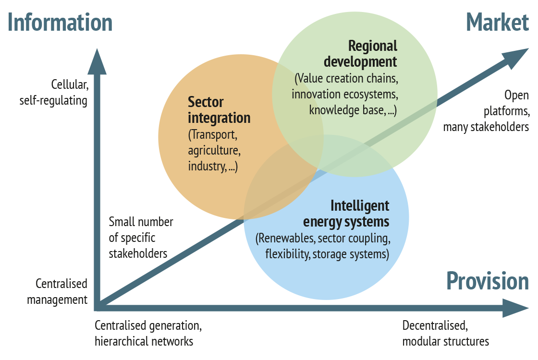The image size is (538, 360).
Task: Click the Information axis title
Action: pyautogui.click(x=60, y=23)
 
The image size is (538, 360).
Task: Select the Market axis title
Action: pyautogui.click(x=497, y=23)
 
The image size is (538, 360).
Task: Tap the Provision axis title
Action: pyautogui.click(x=488, y=281)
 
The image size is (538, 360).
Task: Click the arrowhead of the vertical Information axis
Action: pyautogui.click(x=97, y=62)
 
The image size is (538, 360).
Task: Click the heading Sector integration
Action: pyautogui.click(x=219, y=110)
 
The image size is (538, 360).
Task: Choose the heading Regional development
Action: pyautogui.click(x=361, y=54)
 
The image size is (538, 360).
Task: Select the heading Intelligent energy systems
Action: pyautogui.click(x=346, y=214)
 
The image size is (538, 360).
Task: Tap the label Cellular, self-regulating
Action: pyautogui.click(x=54, y=93)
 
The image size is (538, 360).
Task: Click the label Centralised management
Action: pyautogui.click(x=57, y=291)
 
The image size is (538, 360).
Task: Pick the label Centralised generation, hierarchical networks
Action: pyautogui.click(x=148, y=333)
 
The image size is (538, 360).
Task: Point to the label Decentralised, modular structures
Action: pyautogui.click(x=446, y=333)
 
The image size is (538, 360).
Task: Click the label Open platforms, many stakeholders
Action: pyautogui.click(x=486, y=111)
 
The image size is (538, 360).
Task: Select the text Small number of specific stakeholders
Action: pyautogui.click(x=141, y=238)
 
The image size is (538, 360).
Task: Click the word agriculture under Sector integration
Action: pyautogui.click(x=214, y=151)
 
